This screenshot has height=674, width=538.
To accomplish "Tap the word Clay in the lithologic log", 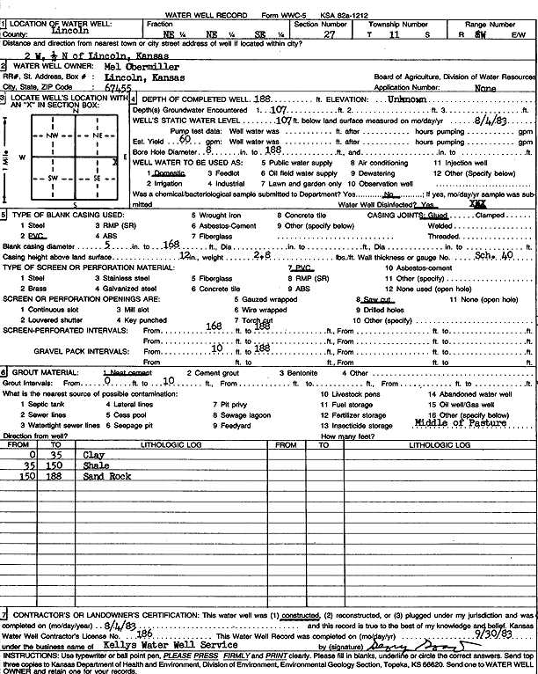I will click(94, 455).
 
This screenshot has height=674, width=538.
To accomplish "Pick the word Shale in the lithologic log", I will click(96, 465).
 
